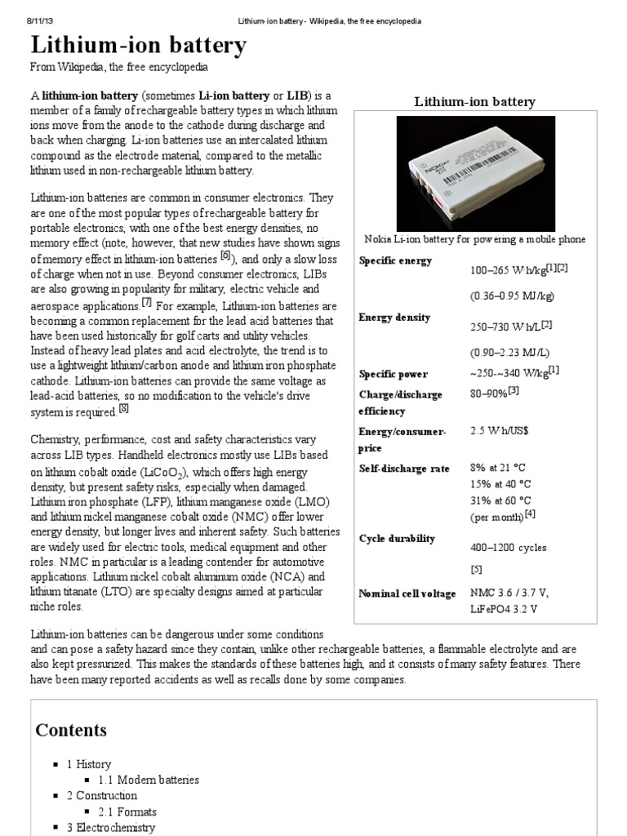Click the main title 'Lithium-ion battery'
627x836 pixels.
[x=138, y=46]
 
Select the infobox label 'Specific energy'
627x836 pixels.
[x=396, y=260]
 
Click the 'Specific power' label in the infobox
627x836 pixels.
[x=394, y=374]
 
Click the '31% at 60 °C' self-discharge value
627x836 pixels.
[x=500, y=500]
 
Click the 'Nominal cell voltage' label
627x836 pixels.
[x=407, y=594]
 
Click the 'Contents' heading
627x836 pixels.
[x=71, y=730]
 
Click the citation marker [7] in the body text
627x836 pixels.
[x=147, y=302]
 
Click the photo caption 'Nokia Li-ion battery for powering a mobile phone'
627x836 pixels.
[x=474, y=238]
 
